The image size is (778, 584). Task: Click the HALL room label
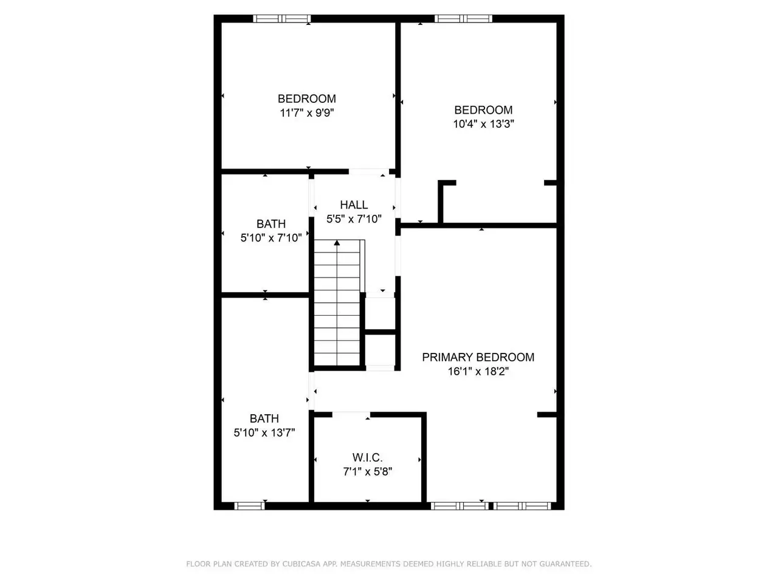(354, 204)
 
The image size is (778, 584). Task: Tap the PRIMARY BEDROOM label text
(478, 357)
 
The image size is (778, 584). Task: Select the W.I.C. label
(368, 457)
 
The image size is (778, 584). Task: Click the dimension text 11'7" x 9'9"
(307, 113)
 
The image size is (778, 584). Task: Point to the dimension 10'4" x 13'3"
(483, 123)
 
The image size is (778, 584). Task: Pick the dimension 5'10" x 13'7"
(264, 433)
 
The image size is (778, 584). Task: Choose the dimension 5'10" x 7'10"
(271, 238)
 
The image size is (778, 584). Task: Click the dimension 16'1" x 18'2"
(478, 371)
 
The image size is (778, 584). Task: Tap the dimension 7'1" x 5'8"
(368, 471)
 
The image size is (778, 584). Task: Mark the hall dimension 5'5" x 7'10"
(354, 219)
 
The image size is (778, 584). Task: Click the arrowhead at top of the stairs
(337, 243)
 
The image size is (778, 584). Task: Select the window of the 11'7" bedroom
(282, 19)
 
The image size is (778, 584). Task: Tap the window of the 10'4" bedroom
(463, 19)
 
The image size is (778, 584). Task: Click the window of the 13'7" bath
(250, 506)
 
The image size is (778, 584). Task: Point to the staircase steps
(337, 302)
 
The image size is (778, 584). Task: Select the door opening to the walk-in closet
(351, 414)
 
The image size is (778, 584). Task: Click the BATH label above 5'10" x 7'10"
(271, 224)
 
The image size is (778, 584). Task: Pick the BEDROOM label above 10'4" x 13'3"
(483, 110)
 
